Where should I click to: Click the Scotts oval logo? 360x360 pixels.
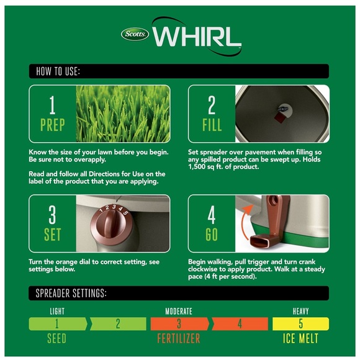tap(135, 34)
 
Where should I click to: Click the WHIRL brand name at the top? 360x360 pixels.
tap(197, 37)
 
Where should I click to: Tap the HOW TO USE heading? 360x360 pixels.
tap(58, 71)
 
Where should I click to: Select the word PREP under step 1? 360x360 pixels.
tap(53, 125)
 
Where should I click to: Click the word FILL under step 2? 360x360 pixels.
tap(212, 125)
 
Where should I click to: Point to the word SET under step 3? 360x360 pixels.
tap(53, 235)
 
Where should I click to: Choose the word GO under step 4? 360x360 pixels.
tap(212, 235)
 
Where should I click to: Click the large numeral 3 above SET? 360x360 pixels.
tap(52, 215)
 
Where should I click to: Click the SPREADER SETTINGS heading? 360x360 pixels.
tap(71, 293)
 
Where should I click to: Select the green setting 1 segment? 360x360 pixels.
tap(58, 324)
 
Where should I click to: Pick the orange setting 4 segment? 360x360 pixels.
tap(240, 324)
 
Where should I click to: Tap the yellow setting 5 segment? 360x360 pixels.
tap(300, 324)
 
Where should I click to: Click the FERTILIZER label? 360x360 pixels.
tap(179, 339)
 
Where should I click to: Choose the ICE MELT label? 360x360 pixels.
tap(300, 338)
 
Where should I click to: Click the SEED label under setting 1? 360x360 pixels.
tap(56, 339)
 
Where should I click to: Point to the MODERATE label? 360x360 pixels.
tap(179, 312)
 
